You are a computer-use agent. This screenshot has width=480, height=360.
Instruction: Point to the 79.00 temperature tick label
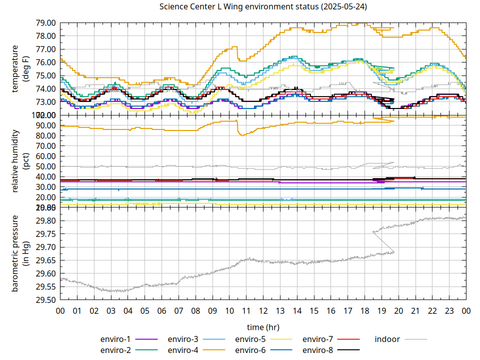point(45,22)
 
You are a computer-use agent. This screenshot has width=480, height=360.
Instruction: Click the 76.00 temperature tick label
point(45,62)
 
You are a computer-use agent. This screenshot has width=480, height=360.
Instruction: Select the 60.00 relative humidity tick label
point(45,156)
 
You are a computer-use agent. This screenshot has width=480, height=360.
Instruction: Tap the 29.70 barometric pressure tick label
point(45,247)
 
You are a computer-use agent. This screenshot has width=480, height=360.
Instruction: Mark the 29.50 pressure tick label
point(45,299)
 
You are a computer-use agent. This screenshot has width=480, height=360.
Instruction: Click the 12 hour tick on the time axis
point(263,310)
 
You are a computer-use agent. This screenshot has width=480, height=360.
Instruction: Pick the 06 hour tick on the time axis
point(161,310)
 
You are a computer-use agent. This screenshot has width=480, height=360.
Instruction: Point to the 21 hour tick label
point(415,310)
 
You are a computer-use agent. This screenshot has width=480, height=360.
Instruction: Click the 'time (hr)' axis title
point(263,327)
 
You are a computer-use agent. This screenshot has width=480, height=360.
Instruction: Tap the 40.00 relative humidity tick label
point(45,176)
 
